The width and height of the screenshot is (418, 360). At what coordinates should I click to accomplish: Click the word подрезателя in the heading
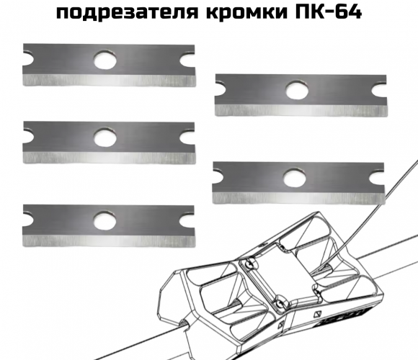[128, 12]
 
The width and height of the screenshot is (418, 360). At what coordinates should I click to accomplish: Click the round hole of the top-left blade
[105, 60]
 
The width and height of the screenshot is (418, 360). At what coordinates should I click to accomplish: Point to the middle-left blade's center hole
[105, 138]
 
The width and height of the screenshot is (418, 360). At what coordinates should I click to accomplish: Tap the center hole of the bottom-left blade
[104, 220]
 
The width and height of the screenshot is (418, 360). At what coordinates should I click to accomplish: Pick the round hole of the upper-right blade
[297, 90]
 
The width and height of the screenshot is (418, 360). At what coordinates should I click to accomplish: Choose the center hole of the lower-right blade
[295, 177]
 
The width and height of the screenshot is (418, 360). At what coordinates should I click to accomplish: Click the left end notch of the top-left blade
[28, 58]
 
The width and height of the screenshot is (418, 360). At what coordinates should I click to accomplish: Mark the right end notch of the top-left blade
[187, 60]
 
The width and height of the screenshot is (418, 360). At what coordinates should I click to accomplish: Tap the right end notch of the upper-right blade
[379, 90]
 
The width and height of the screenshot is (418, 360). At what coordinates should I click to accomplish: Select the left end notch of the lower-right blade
[218, 176]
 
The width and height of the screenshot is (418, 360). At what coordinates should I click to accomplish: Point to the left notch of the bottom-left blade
[28, 219]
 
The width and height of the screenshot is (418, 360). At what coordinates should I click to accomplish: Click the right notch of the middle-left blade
[187, 138]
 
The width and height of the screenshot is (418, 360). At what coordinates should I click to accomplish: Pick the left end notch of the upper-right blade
[221, 89]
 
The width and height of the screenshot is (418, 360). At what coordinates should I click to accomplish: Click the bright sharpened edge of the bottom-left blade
[109, 240]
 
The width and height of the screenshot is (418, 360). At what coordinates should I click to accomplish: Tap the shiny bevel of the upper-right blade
[301, 110]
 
